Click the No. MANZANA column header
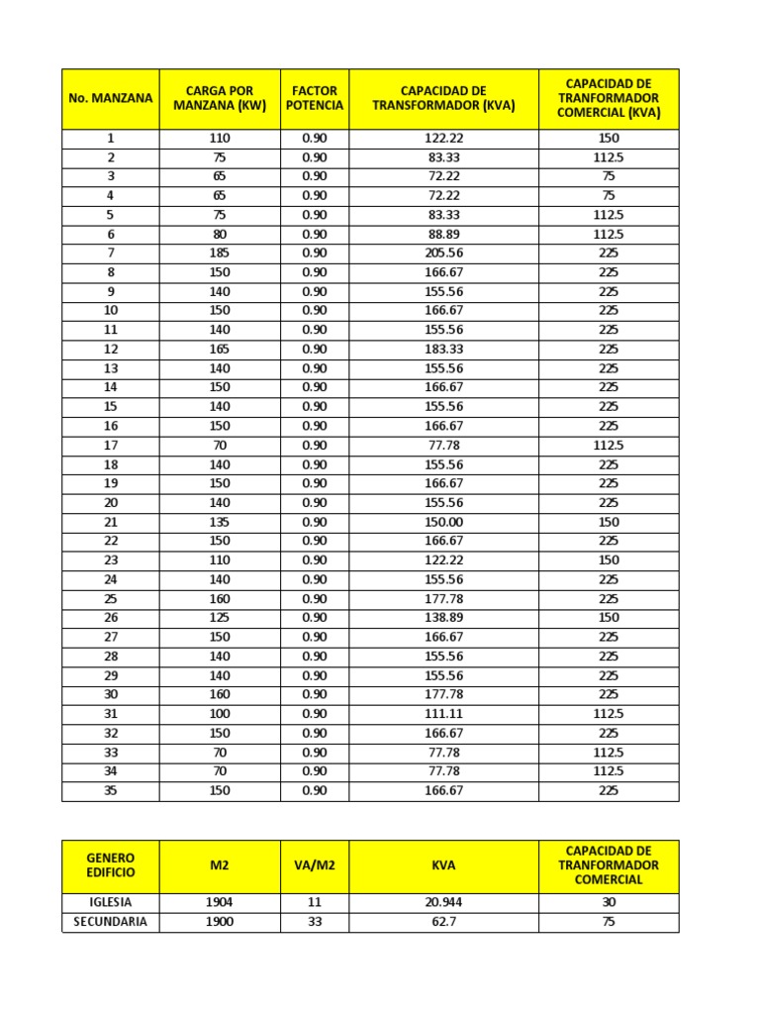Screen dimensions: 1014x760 coord(111,98)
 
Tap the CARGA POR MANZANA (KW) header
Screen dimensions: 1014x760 coord(220,98)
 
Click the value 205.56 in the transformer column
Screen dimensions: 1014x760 coord(443,253)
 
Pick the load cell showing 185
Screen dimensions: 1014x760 coord(220,253)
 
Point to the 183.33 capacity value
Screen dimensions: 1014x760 coord(443,350)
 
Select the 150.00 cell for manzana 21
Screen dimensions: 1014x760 coord(443,522)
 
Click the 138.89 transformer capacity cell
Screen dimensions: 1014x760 coord(443,618)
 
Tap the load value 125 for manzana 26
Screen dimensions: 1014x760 coord(220,618)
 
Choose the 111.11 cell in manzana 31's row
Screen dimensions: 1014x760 coord(443,714)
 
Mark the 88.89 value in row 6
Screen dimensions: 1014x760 coord(443,235)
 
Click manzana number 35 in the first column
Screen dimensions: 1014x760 coord(111,791)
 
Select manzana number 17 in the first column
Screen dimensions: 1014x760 coord(111,446)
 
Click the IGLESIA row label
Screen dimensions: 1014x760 coord(111,903)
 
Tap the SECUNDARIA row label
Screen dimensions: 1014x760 coord(111,922)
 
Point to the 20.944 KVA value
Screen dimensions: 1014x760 coord(443,903)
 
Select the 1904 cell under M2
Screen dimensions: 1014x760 coord(220,903)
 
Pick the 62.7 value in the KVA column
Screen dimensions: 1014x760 coord(443,922)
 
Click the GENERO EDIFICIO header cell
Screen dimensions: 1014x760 coord(111,865)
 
